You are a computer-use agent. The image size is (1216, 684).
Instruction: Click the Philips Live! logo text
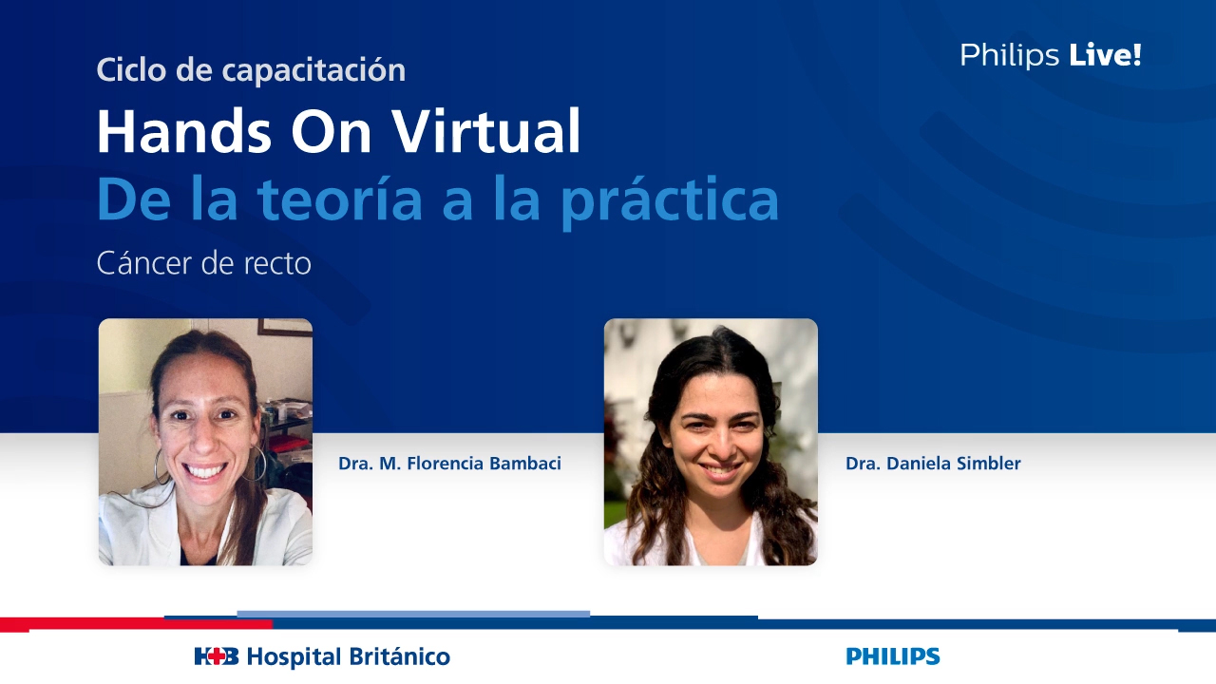[1050, 55]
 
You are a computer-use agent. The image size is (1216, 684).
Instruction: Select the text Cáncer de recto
[203, 263]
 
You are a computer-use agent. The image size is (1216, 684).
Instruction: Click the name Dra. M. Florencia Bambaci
[449, 464]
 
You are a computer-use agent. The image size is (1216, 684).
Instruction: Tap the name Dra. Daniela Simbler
[933, 464]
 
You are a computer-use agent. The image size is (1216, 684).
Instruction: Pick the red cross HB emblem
[216, 656]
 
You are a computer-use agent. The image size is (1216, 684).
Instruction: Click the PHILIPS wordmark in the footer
[892, 656]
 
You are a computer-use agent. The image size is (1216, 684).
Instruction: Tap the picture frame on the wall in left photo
[284, 327]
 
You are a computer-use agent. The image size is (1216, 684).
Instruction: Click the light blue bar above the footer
[413, 614]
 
